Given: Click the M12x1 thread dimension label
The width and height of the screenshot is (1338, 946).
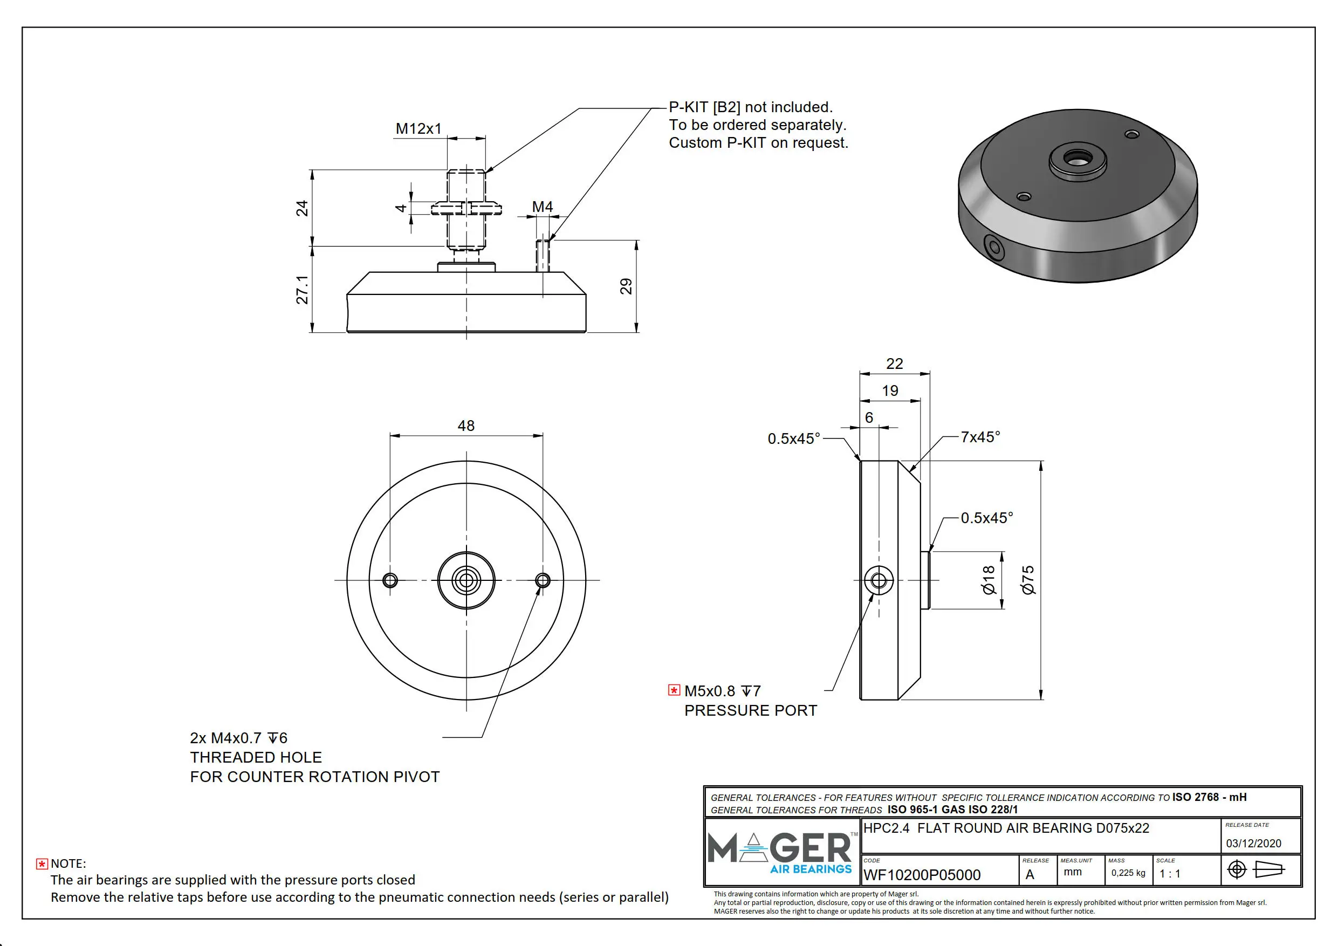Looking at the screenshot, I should [418, 129].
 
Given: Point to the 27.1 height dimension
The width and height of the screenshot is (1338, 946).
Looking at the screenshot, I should [302, 290].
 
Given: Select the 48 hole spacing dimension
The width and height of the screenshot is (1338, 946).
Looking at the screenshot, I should [465, 426].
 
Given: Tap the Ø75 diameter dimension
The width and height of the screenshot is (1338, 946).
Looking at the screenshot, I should [1028, 580].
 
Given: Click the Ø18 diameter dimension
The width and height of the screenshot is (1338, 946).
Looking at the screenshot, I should [989, 580].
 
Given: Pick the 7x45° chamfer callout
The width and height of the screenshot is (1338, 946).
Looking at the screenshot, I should [980, 437].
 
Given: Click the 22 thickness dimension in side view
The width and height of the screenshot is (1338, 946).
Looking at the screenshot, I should [894, 364].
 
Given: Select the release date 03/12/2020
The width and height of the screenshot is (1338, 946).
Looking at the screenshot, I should [1253, 844].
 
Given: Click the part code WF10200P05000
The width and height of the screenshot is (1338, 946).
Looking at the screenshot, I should [921, 875].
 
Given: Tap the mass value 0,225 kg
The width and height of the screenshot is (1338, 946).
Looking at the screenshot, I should [1128, 873].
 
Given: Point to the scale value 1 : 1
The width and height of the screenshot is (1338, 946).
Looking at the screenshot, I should [1170, 874].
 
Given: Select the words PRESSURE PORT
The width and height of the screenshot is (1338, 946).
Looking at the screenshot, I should [751, 710].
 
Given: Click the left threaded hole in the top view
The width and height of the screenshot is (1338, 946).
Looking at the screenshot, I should [390, 580].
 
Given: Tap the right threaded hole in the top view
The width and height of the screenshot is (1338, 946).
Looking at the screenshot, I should [543, 580].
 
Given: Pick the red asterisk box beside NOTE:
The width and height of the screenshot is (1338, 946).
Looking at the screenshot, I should [42, 864].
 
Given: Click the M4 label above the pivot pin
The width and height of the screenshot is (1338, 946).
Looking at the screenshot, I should [542, 207].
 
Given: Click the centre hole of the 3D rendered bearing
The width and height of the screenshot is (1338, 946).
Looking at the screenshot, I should [1078, 158].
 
